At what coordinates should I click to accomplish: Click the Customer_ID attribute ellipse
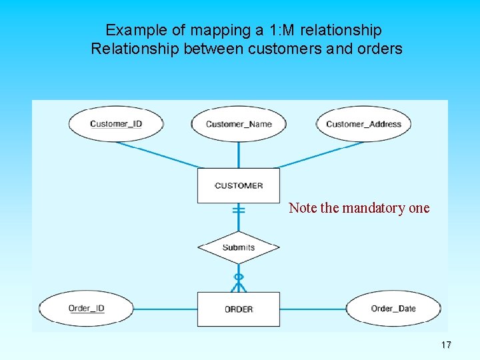116,123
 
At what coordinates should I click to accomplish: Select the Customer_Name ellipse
239,123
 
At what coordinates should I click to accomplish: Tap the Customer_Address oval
363,123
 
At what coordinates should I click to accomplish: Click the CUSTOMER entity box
239,185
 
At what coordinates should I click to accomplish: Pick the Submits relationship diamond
239,247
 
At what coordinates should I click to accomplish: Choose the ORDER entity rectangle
239,309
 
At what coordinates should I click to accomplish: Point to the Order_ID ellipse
87,309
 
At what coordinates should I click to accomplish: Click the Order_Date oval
393,309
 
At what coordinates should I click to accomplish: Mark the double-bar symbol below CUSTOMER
239,211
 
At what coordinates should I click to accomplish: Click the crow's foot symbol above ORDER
239,285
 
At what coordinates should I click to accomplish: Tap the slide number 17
446,345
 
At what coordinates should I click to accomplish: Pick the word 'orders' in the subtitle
383,49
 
